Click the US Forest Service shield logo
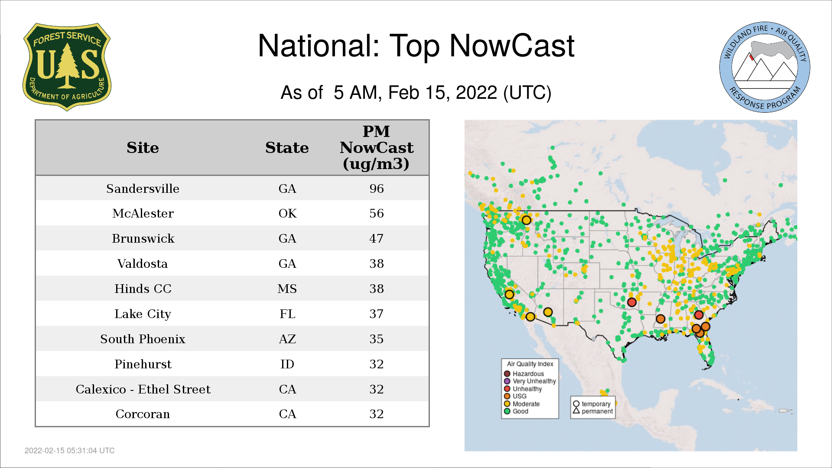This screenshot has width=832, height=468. [67, 67]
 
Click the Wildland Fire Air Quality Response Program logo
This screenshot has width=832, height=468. [765, 67]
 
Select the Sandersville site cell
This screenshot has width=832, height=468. [143, 188]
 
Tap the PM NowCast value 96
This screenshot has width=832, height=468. [377, 188]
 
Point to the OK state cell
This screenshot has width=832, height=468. [287, 213]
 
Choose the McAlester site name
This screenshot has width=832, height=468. [143, 213]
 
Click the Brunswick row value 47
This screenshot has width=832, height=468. [377, 238]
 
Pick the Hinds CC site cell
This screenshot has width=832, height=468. [143, 289]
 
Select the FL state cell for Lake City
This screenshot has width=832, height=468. [287, 314]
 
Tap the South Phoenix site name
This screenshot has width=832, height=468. [143, 339]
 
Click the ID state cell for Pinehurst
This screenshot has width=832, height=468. [287, 364]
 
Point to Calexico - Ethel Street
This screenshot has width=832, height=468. [143, 389]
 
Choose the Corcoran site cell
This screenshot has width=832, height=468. [143, 414]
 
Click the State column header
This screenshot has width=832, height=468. [287, 148]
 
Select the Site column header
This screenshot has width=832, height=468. [143, 148]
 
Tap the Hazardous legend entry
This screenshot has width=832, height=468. [524, 374]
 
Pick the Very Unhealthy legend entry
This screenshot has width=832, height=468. [530, 381]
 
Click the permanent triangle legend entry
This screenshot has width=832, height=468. [593, 411]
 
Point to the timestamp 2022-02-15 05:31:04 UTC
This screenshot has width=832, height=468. [70, 451]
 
